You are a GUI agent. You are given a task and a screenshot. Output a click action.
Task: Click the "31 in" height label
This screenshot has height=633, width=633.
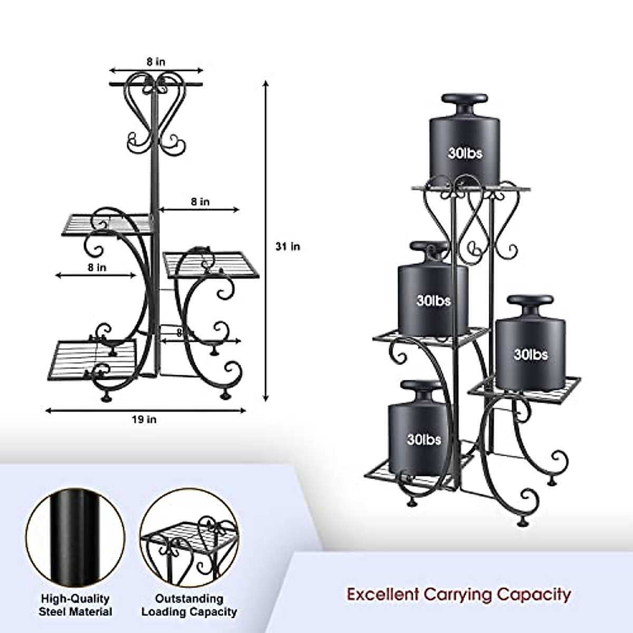[x=287, y=246]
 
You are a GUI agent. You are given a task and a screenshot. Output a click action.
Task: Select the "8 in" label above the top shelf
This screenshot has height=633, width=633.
[x=156, y=62]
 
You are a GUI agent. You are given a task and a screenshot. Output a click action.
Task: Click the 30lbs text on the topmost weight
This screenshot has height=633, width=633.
[x=465, y=154]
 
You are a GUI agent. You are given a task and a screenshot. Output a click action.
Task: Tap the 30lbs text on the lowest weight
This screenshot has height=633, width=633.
[x=424, y=439]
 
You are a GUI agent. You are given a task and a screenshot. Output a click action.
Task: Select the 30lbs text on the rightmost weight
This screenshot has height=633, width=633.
[x=531, y=354]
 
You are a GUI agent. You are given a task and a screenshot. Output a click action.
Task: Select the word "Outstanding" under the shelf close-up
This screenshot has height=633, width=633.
[x=189, y=599]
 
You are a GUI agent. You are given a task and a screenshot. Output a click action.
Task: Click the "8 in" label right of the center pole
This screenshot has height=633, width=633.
[x=200, y=202]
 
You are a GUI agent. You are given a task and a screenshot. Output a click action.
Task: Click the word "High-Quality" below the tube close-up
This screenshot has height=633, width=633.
[x=75, y=599]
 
